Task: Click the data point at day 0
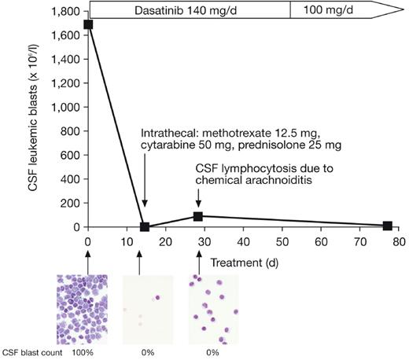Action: click(x=88, y=24)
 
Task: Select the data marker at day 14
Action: click(x=144, y=226)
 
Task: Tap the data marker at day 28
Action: click(x=199, y=216)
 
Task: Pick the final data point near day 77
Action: click(x=387, y=226)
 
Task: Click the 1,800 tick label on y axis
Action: click(x=64, y=12)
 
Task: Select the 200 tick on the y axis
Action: click(x=69, y=203)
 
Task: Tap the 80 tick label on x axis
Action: click(x=398, y=242)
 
